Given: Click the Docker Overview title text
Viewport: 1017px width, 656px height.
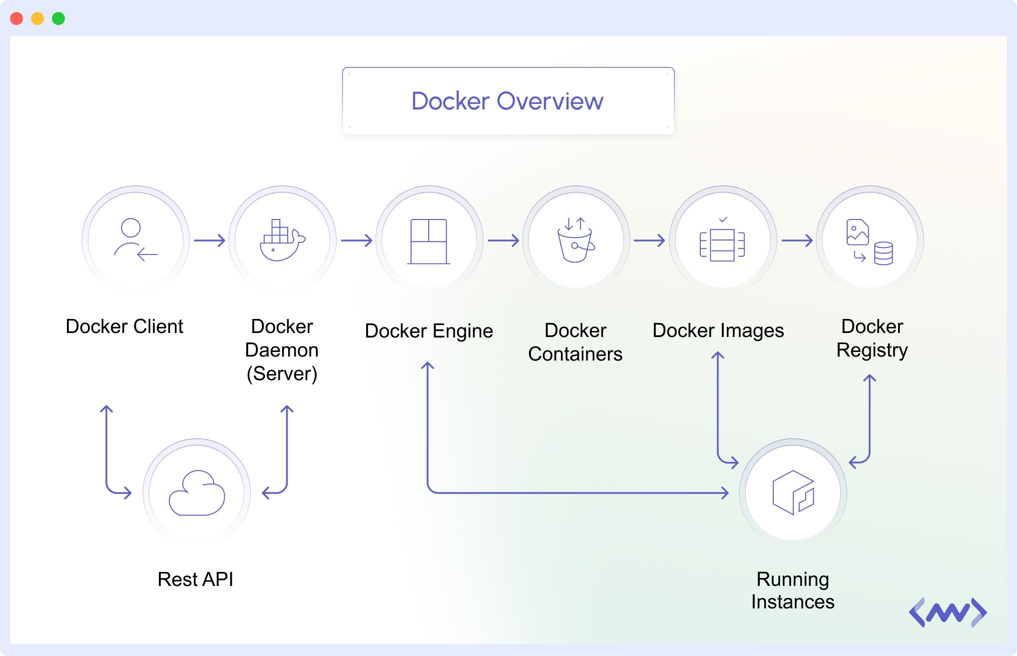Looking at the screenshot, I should [507, 101].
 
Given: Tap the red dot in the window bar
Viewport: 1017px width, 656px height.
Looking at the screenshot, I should [16, 18].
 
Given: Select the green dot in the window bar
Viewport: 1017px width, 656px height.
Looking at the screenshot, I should [58, 18].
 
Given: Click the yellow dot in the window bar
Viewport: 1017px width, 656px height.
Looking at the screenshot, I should [37, 18].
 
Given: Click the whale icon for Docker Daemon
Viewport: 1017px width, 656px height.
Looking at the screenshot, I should [282, 240].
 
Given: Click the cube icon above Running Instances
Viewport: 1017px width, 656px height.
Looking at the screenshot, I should [793, 492].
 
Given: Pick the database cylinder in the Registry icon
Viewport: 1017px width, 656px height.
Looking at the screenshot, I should [883, 253].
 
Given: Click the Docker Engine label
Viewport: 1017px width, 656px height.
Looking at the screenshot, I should [429, 331].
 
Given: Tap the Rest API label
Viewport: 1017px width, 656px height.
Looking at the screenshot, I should [195, 579].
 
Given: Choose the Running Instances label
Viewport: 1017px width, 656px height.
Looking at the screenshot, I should [793, 590].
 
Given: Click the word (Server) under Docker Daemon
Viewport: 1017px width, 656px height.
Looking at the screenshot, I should [282, 373].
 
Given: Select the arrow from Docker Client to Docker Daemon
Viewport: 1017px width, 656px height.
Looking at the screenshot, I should [209, 240].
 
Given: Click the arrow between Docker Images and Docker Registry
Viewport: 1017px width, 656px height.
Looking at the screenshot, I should [797, 240].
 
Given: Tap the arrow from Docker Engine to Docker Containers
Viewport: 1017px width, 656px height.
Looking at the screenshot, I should [503, 240].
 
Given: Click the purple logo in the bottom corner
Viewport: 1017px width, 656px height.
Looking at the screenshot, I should [948, 612].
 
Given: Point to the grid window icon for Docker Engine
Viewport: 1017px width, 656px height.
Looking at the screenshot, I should [429, 241].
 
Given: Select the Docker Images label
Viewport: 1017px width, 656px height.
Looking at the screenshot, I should [718, 330].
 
